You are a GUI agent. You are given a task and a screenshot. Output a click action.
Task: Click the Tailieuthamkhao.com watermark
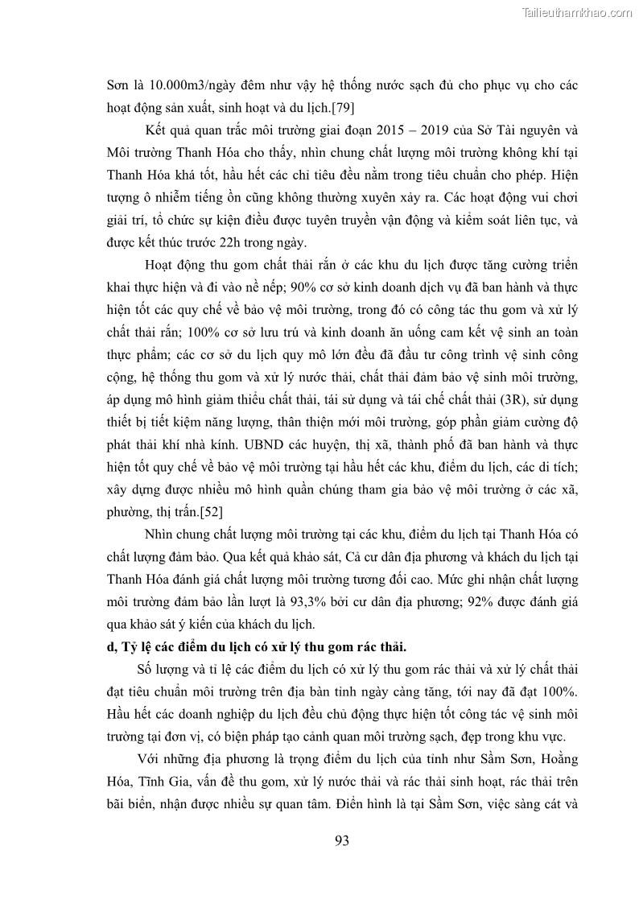(x=577, y=13)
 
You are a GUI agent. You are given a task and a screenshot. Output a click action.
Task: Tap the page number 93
(x=341, y=841)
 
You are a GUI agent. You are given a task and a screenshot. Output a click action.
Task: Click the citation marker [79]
(x=332, y=107)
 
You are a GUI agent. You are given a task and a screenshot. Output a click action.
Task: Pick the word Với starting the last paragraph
(x=149, y=761)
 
